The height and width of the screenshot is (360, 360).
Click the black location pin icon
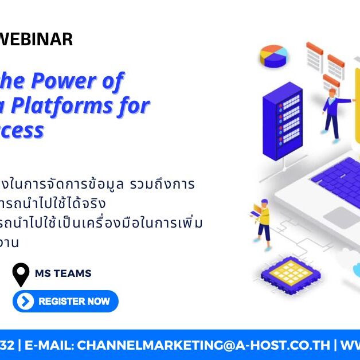click(x=21, y=275)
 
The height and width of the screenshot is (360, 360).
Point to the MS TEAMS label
click(x=63, y=273)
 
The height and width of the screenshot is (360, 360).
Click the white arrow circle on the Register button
click(x=25, y=301)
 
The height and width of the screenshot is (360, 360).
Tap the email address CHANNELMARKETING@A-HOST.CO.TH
click(x=204, y=345)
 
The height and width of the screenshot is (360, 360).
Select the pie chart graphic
click(x=273, y=56)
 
